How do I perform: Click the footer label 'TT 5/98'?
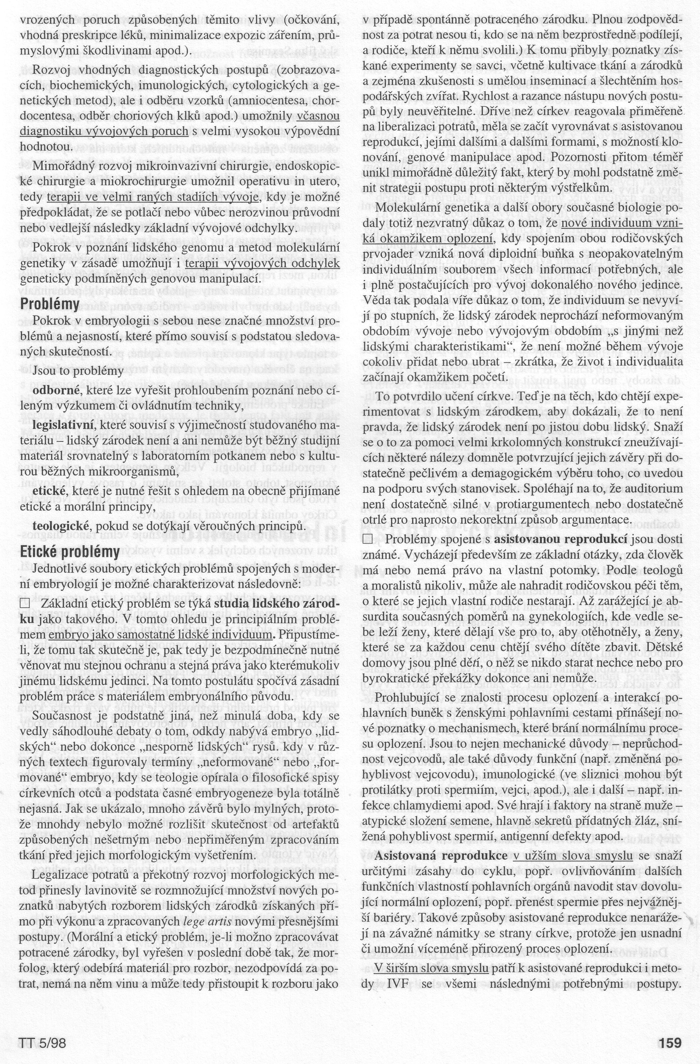(x=42, y=1040)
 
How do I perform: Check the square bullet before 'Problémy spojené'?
(x=367, y=540)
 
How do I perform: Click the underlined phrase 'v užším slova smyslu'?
(x=573, y=844)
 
